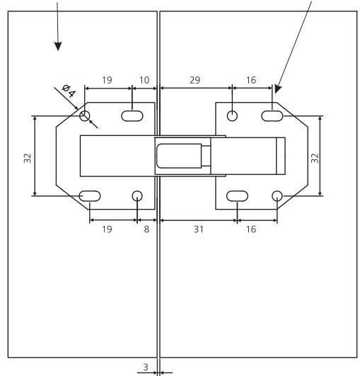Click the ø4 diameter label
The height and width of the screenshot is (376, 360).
[69, 91]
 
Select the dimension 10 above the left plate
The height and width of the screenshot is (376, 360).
[144, 80]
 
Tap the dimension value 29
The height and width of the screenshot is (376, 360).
[195, 80]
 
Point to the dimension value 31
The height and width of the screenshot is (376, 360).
[197, 229]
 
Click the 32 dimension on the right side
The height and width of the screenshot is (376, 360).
[315, 157]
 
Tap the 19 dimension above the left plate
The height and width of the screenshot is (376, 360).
[108, 80]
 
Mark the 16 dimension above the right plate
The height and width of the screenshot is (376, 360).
[252, 80]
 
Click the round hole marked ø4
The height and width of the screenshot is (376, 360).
[85, 115]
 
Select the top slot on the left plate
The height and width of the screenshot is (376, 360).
[132, 115]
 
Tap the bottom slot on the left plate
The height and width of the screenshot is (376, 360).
[90, 196]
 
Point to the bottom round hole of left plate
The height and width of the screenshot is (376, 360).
[137, 196]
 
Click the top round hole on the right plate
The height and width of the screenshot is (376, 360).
[232, 115]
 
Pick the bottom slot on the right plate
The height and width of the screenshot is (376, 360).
[236, 196]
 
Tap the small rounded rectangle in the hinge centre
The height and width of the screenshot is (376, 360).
[180, 154]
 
